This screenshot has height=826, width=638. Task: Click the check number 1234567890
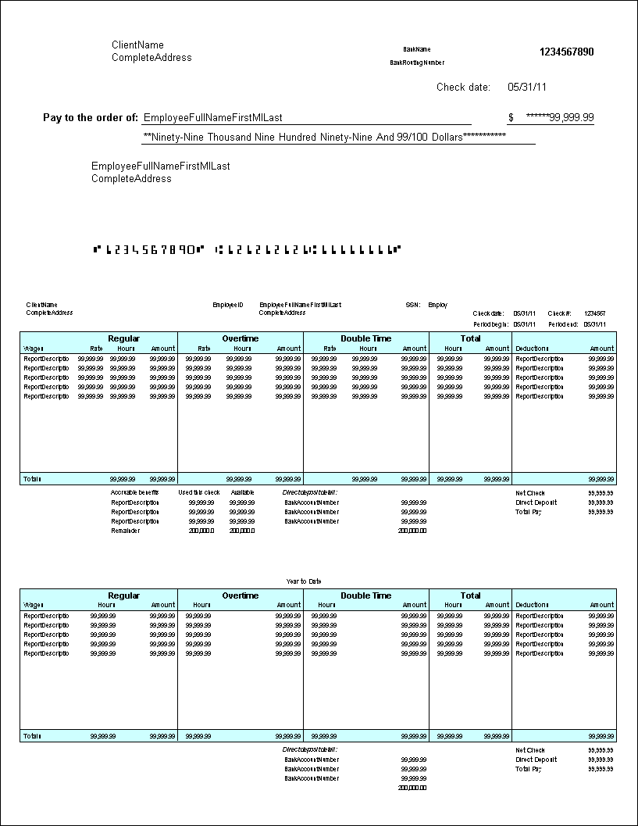pyautogui.click(x=566, y=52)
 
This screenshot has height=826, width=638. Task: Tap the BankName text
pyautogui.click(x=416, y=49)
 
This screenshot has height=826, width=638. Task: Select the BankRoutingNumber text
pyautogui.click(x=417, y=63)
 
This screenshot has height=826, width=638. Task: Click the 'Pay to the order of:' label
pyautogui.click(x=90, y=118)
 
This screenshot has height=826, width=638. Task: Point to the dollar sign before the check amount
pyautogui.click(x=511, y=118)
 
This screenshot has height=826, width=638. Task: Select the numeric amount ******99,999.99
pyautogui.click(x=560, y=118)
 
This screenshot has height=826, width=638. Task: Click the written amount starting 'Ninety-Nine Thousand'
pyautogui.click(x=324, y=137)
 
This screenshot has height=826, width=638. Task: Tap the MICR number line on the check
pyautogui.click(x=247, y=250)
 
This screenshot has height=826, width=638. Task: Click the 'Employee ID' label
pyautogui.click(x=228, y=305)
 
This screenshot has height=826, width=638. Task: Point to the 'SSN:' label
pyautogui.click(x=412, y=305)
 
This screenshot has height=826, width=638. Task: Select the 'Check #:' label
pyautogui.click(x=559, y=313)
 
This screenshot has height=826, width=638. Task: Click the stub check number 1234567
pyautogui.click(x=594, y=313)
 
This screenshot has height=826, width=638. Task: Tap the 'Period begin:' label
pyautogui.click(x=490, y=324)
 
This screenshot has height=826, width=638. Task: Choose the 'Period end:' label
pyautogui.click(x=562, y=324)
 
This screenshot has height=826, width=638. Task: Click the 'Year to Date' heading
pyautogui.click(x=304, y=581)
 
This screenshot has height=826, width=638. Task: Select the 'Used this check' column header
pyautogui.click(x=199, y=493)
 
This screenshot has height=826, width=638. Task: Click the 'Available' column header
pyautogui.click(x=242, y=493)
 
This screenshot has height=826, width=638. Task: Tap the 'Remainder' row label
pyautogui.click(x=126, y=531)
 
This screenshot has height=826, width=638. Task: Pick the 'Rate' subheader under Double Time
pyautogui.click(x=330, y=349)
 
